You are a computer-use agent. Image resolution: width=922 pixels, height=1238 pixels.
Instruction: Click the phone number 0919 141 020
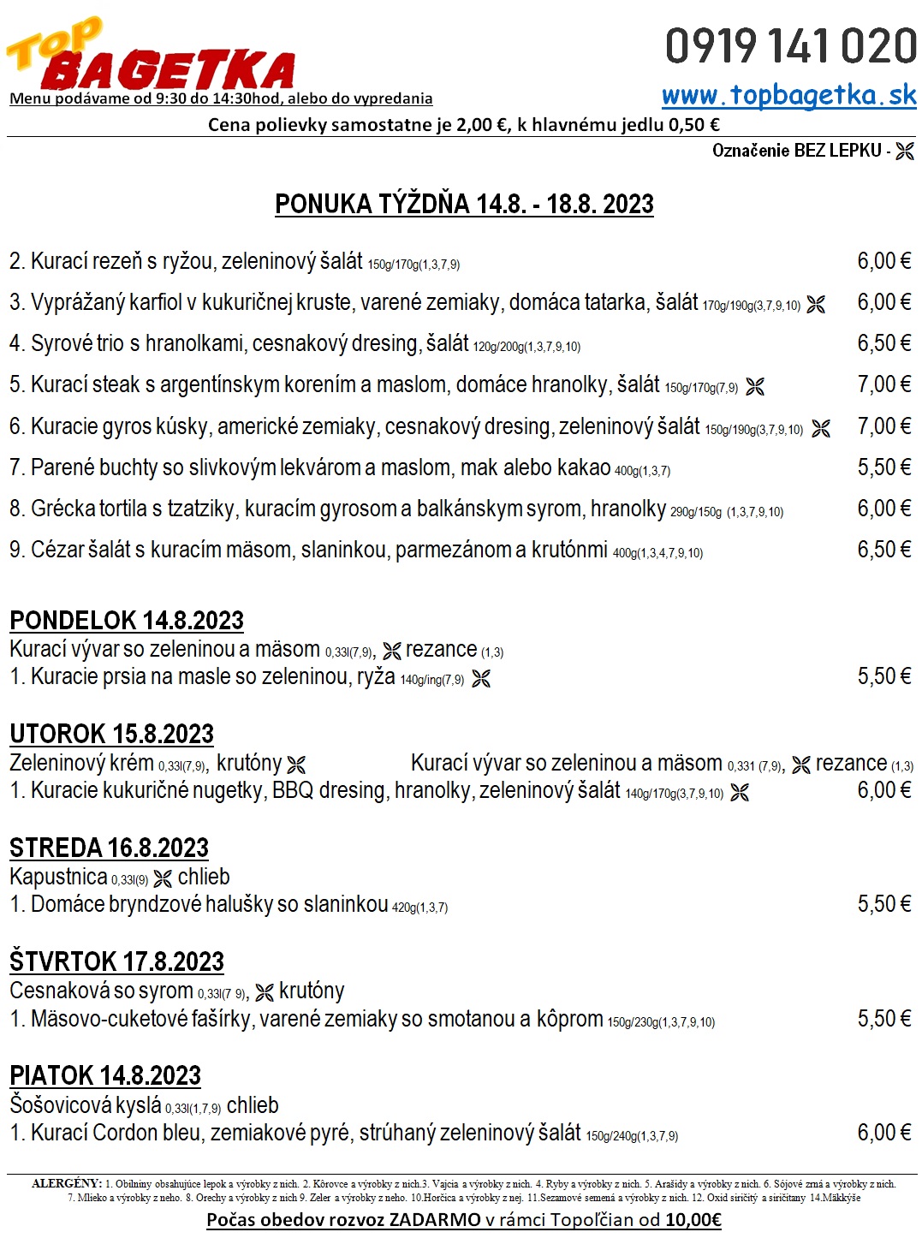pos(790,46)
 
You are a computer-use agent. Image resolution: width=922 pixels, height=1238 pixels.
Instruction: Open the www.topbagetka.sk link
pos(788,95)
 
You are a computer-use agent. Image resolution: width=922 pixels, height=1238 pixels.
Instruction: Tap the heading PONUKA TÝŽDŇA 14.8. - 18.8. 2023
pos(464,205)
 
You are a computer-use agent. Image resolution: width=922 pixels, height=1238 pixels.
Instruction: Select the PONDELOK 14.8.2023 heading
pos(127,620)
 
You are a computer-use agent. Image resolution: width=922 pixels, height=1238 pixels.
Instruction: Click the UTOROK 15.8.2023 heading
pos(111,734)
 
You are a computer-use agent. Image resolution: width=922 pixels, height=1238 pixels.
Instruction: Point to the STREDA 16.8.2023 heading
pos(109,848)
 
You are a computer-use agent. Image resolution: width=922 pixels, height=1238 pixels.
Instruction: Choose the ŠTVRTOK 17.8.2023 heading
pos(116,961)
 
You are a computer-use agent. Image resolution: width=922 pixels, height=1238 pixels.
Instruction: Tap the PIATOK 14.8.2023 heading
pos(105,1075)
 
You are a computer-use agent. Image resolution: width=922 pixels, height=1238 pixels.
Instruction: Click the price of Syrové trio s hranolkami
pos(883,343)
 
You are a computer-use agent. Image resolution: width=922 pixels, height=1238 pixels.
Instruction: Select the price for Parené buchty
pos(883,467)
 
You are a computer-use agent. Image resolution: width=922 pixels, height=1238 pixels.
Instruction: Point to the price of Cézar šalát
pos(883,550)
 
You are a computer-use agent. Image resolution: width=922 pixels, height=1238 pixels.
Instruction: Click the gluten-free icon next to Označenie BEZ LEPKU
pos(905,152)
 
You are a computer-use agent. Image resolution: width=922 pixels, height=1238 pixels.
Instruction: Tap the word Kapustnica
pos(58,878)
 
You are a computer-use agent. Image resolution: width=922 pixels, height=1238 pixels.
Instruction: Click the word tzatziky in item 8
pos(200,509)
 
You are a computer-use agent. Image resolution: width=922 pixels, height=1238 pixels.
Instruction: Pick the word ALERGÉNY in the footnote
pos(67,1184)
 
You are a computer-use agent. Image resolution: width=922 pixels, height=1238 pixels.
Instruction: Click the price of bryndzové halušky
pos(883,904)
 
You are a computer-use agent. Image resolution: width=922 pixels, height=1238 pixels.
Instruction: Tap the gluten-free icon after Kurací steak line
pos(755,387)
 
